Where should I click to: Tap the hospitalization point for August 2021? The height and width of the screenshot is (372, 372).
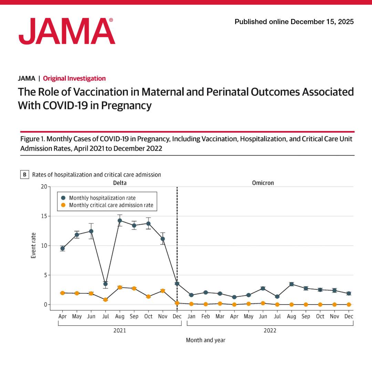tap(120, 220)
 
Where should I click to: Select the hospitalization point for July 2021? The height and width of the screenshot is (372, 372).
tap(105, 284)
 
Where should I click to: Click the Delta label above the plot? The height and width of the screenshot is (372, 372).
tap(120, 183)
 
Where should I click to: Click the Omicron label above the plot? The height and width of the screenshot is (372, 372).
tap(263, 183)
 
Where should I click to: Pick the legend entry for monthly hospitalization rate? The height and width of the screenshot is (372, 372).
tap(102, 198)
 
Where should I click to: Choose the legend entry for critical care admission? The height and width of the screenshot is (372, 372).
tap(111, 205)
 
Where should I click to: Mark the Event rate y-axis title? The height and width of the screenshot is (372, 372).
tap(33, 246)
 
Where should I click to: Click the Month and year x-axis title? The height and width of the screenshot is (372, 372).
tap(206, 340)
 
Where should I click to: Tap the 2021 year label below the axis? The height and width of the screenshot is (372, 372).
tap(120, 331)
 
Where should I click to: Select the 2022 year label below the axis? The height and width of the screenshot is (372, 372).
tap(270, 331)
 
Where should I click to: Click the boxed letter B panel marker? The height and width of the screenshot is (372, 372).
tap(24, 175)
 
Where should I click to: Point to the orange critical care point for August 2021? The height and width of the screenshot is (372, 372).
tap(120, 287)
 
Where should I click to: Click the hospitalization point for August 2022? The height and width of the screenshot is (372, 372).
tap(291, 284)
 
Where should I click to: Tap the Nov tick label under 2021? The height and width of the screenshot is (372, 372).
tap(163, 316)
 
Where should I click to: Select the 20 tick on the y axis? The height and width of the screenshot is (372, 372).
tap(43, 187)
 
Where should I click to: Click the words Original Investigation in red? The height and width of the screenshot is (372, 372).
tap(74, 79)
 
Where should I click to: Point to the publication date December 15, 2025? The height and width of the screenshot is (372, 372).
tap(322, 22)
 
